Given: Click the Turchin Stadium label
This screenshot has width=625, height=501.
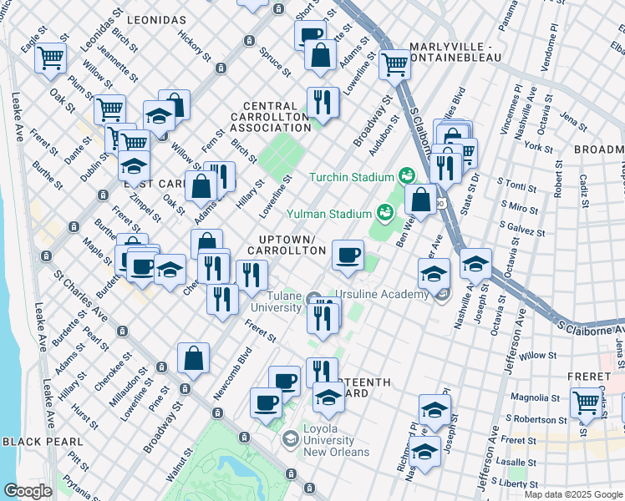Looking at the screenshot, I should pyautogui.click(x=351, y=177).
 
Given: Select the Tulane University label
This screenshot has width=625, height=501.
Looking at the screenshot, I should pyautogui.click(x=272, y=301).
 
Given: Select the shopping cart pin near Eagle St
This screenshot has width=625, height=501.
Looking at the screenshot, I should pyautogui.click(x=52, y=58).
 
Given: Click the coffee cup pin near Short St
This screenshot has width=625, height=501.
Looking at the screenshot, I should pyautogui.click(x=310, y=34).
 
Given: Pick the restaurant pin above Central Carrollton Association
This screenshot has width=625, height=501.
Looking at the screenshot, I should pyautogui.click(x=323, y=103).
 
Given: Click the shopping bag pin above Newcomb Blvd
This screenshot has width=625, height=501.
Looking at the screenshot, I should pyautogui.click(x=193, y=357).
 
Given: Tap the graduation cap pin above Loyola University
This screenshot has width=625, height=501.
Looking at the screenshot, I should pyautogui.click(x=329, y=397).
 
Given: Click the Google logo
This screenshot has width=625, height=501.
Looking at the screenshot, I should pyautogui.click(x=28, y=491).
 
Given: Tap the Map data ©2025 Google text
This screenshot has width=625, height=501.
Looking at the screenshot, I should pyautogui.click(x=573, y=494).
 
